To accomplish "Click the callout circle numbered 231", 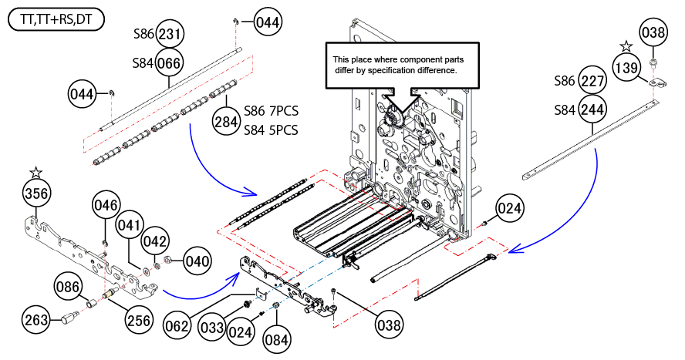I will pos(171,35).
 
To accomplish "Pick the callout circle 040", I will pos(197,261).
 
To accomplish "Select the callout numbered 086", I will pos(68,288).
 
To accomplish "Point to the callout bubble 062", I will pos(177,326).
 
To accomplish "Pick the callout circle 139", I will pos(626,68).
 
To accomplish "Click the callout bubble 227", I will pos(592,81).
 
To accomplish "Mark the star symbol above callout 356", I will pos(35,170).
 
